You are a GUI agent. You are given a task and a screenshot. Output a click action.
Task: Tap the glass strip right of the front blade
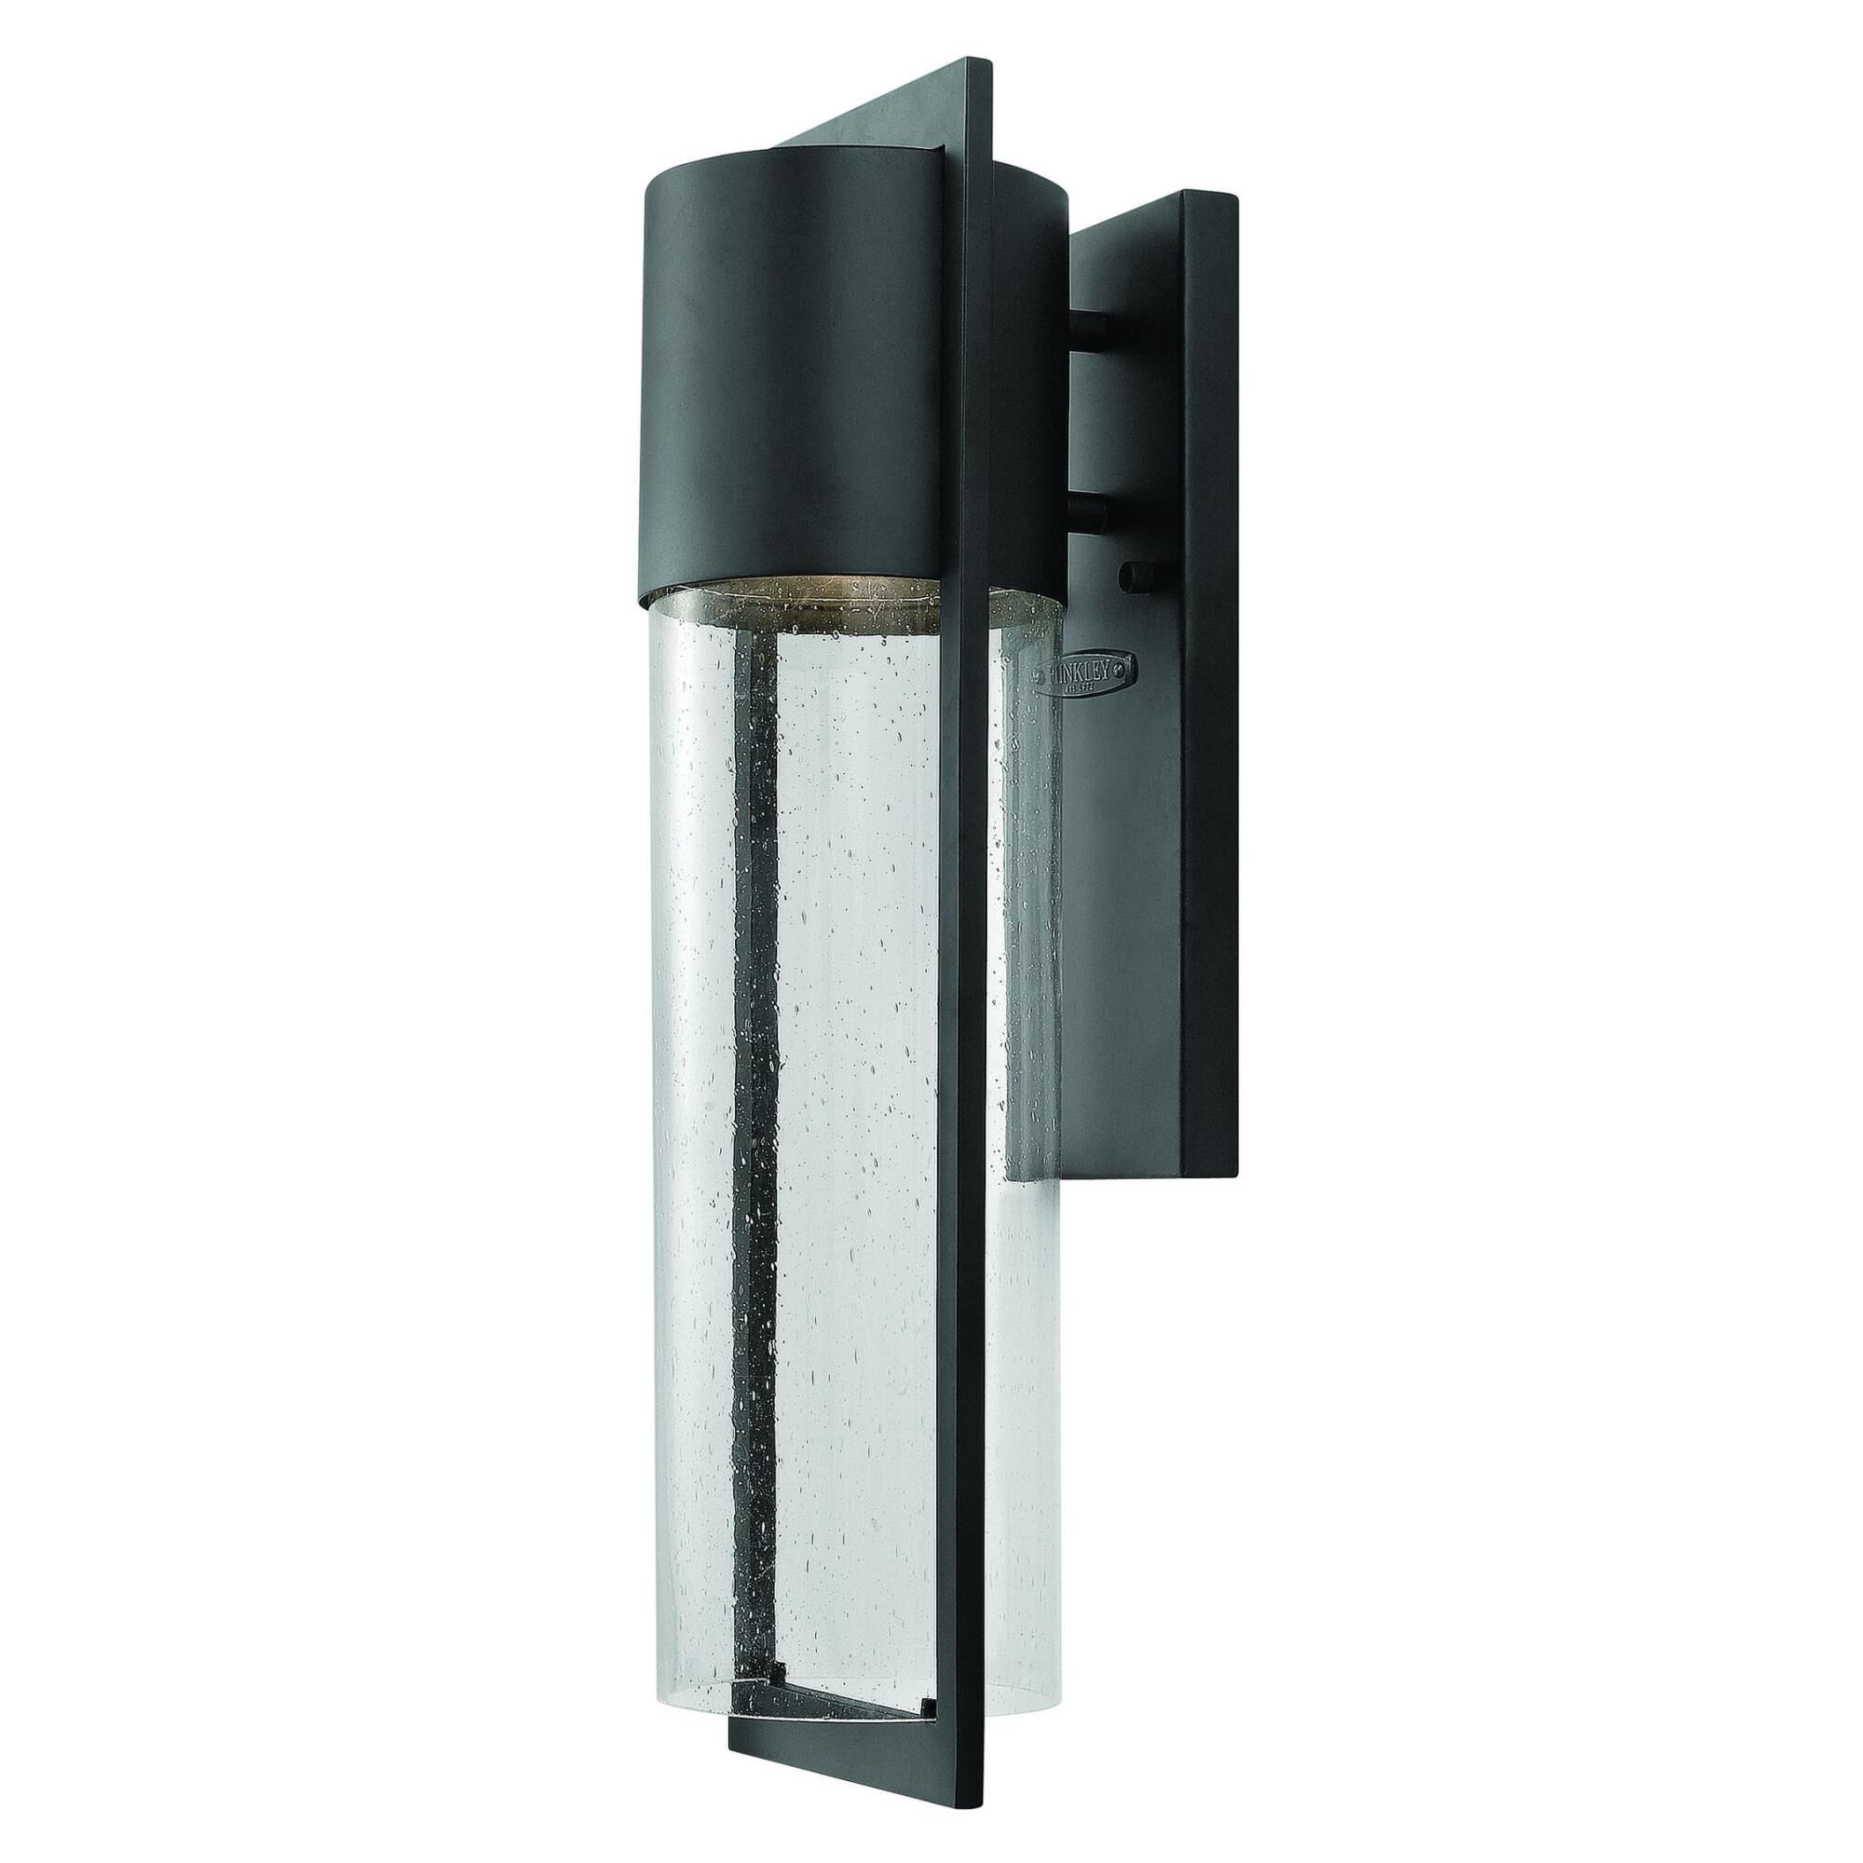(x=1022, y=1254)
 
